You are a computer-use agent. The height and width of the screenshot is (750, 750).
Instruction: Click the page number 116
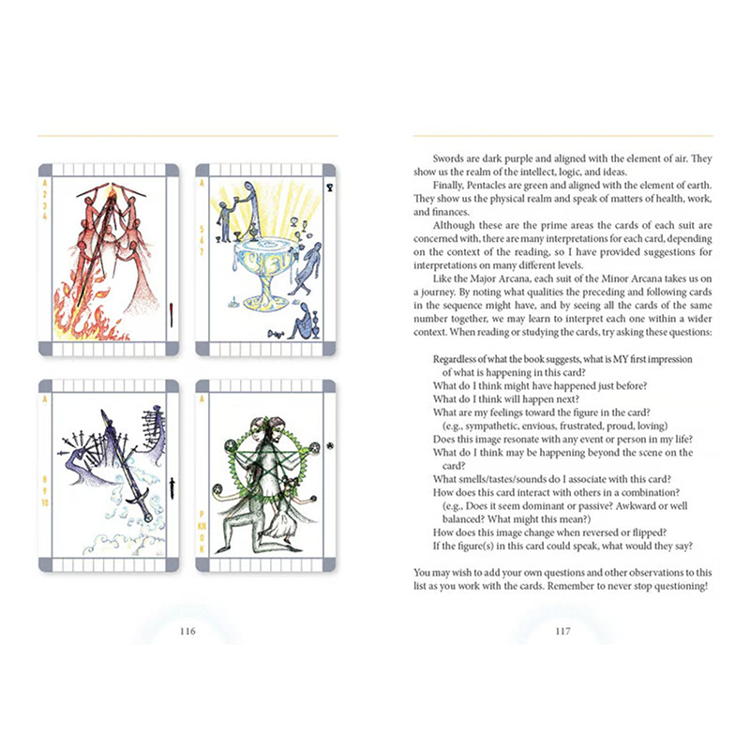click(x=187, y=631)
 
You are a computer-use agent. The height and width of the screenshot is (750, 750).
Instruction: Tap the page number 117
click(x=562, y=631)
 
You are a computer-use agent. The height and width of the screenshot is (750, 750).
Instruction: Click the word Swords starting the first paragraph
click(x=448, y=158)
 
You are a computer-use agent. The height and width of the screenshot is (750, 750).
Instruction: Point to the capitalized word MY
click(x=620, y=359)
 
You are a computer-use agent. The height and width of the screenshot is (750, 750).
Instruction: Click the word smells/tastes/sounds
click(x=516, y=479)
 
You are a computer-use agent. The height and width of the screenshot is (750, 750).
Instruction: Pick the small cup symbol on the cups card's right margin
click(x=330, y=188)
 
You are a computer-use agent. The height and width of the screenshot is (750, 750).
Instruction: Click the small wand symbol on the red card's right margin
click(x=172, y=314)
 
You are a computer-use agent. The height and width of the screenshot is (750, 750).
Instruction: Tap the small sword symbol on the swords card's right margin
click(x=172, y=487)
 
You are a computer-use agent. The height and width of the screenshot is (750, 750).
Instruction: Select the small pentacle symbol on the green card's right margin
click(x=330, y=446)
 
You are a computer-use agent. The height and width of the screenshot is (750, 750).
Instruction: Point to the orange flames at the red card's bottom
click(x=86, y=313)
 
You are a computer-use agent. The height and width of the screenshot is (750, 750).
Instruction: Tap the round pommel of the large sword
click(x=148, y=517)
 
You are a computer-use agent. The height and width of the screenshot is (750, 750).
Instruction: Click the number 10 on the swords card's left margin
click(x=45, y=502)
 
